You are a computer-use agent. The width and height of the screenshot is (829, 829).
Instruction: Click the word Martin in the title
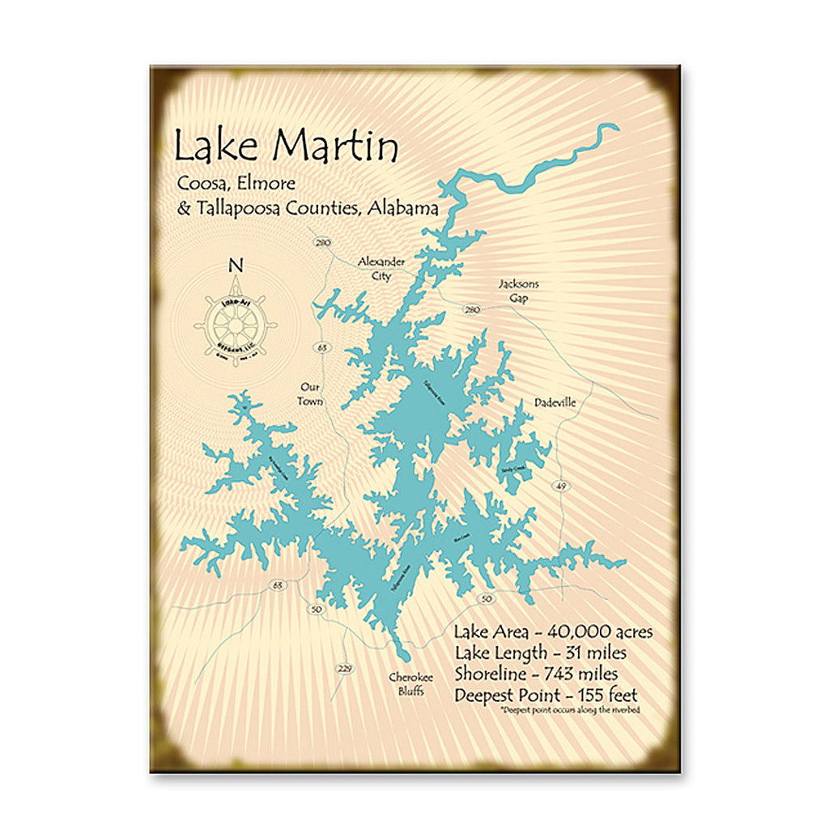point(335,147)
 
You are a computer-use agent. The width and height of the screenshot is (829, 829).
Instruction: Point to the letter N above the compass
point(236,265)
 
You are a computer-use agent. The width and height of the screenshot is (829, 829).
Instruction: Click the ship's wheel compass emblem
point(236,323)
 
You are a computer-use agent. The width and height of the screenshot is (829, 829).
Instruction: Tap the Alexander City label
point(381,269)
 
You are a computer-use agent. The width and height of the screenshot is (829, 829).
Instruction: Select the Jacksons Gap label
point(518,291)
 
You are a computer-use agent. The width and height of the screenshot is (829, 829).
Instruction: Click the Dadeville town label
point(555,402)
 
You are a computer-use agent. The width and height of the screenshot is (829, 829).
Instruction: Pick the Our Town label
point(310,394)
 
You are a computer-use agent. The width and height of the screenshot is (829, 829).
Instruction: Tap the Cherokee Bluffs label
point(410,684)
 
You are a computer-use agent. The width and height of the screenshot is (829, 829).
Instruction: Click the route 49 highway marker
point(562,486)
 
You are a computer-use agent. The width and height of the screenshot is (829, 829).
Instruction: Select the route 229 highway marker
point(344,668)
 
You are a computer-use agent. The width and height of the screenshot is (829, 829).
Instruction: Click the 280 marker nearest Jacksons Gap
point(473,309)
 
